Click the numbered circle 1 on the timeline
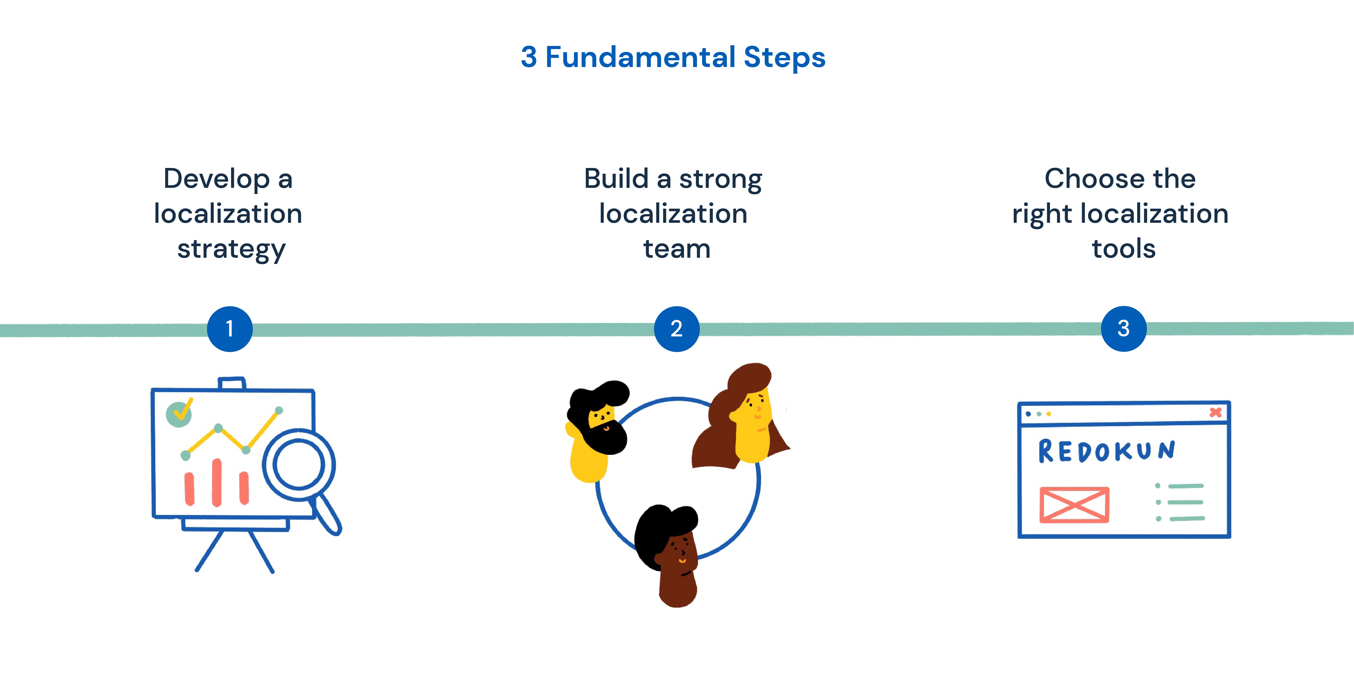click(x=230, y=329)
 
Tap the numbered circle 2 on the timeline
click(x=676, y=329)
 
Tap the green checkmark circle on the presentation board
click(x=179, y=414)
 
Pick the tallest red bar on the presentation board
click(x=217, y=482)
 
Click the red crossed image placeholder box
click(x=1074, y=505)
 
